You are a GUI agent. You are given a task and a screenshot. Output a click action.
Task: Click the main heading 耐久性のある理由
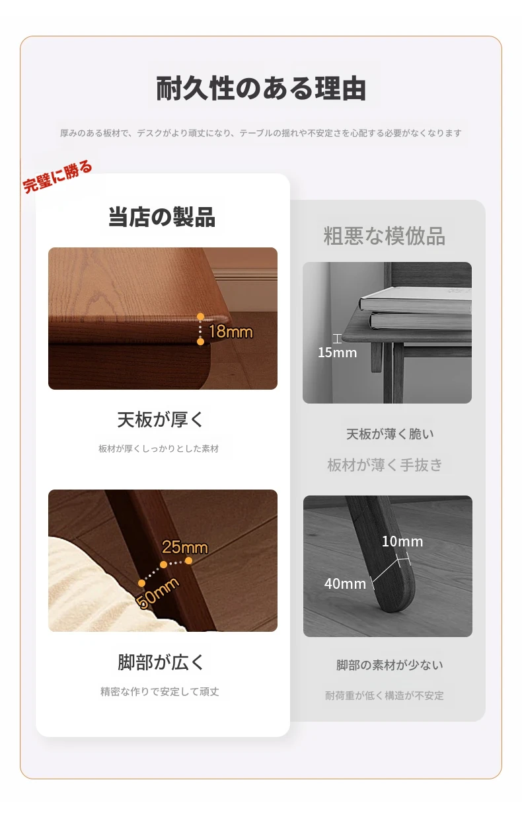[261, 89]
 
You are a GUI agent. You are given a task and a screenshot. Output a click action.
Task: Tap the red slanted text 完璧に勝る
[57, 177]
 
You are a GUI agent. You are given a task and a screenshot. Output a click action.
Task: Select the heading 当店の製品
[161, 217]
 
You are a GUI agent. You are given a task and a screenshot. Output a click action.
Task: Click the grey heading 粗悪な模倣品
[384, 236]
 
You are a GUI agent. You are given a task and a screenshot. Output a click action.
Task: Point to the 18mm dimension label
[231, 331]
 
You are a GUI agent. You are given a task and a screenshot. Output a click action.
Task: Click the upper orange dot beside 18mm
[200, 316]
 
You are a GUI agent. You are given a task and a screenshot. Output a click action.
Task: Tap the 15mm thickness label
[337, 353]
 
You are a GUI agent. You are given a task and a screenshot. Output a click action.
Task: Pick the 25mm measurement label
[185, 547]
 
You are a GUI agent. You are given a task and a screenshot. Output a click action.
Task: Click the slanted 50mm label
[157, 593]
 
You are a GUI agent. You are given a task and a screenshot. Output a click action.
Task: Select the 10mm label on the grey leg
[402, 542]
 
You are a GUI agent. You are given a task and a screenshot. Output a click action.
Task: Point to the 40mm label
[345, 584]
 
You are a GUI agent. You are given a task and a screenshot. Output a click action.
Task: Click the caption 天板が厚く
[160, 419]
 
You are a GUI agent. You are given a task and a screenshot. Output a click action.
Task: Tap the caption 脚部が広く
[160, 662]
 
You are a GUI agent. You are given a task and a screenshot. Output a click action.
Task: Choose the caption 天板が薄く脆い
[389, 434]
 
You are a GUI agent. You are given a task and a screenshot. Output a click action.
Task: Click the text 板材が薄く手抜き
[385, 465]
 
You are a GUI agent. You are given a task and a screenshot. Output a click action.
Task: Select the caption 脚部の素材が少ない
[389, 665]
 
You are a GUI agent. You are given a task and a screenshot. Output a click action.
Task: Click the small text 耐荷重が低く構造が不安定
[385, 695]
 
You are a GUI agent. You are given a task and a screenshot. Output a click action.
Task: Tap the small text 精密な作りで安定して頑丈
[160, 691]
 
